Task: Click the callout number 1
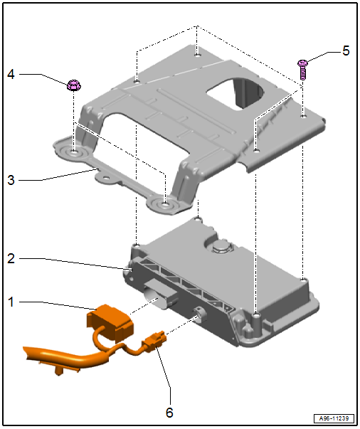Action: [x=11, y=302]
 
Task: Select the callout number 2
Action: [x=11, y=258]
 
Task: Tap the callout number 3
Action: [x=11, y=180]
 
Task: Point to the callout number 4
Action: [x=11, y=74]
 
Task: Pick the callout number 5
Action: [x=346, y=51]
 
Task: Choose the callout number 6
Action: [x=169, y=413]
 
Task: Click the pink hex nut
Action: [x=73, y=85]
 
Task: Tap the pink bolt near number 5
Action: [x=302, y=70]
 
